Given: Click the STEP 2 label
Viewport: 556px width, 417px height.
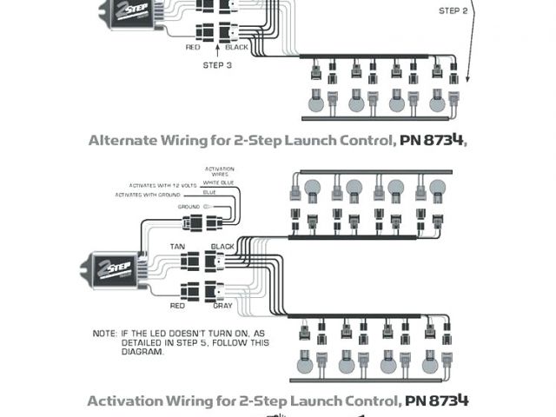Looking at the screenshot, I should click(452, 11).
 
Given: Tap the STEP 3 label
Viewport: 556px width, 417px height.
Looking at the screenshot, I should click(217, 65).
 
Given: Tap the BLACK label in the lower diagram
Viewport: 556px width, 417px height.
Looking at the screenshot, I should click(223, 246).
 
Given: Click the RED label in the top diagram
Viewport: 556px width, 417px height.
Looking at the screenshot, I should click(193, 47).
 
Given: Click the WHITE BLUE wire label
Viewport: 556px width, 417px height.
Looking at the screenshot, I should click(219, 183).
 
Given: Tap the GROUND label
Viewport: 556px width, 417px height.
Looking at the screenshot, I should click(189, 207).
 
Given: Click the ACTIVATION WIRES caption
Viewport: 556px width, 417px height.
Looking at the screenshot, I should click(219, 171).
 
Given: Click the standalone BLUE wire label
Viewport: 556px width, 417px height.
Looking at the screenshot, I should click(209, 192).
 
